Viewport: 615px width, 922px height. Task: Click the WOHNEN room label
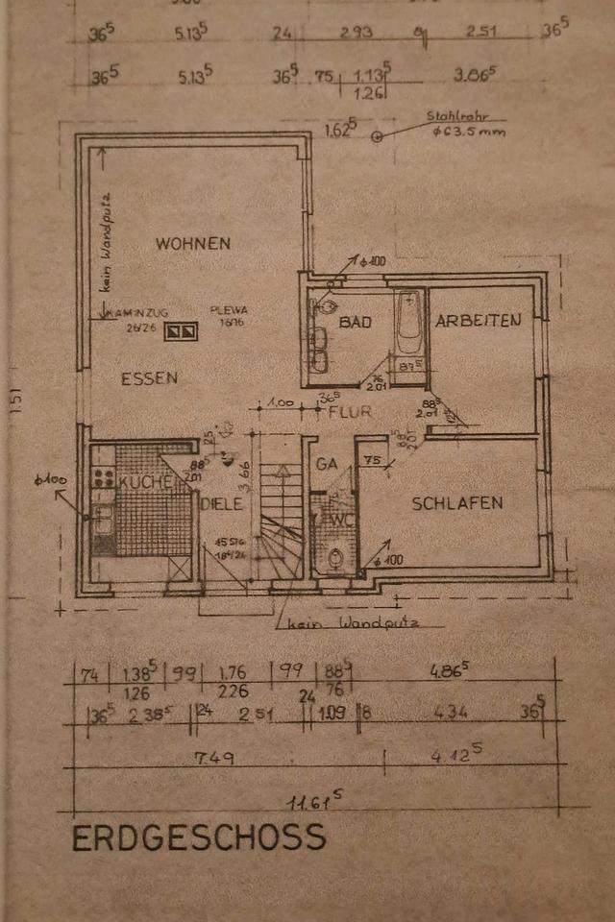tap(192, 243)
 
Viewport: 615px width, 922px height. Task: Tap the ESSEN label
tap(149, 378)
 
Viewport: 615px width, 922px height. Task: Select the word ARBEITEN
tap(478, 321)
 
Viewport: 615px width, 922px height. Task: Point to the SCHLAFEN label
tap(457, 502)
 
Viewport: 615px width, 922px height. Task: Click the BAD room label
tap(355, 323)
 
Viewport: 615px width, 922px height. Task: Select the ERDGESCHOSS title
tap(199, 837)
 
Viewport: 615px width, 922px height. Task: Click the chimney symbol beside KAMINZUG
tap(182, 332)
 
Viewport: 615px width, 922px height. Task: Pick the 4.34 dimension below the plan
tap(450, 713)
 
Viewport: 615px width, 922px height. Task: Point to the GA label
tap(326, 463)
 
